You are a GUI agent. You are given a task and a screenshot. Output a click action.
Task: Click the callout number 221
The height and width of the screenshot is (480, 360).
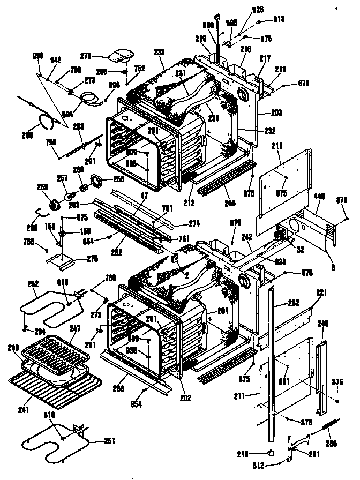click(x=320, y=292)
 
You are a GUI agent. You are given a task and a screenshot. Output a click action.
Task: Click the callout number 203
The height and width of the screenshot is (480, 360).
click(x=276, y=112)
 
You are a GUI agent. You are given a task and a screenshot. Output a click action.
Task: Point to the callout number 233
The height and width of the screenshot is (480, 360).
click(x=159, y=51)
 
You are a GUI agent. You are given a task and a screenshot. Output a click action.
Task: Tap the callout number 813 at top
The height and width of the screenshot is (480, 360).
click(x=278, y=19)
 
